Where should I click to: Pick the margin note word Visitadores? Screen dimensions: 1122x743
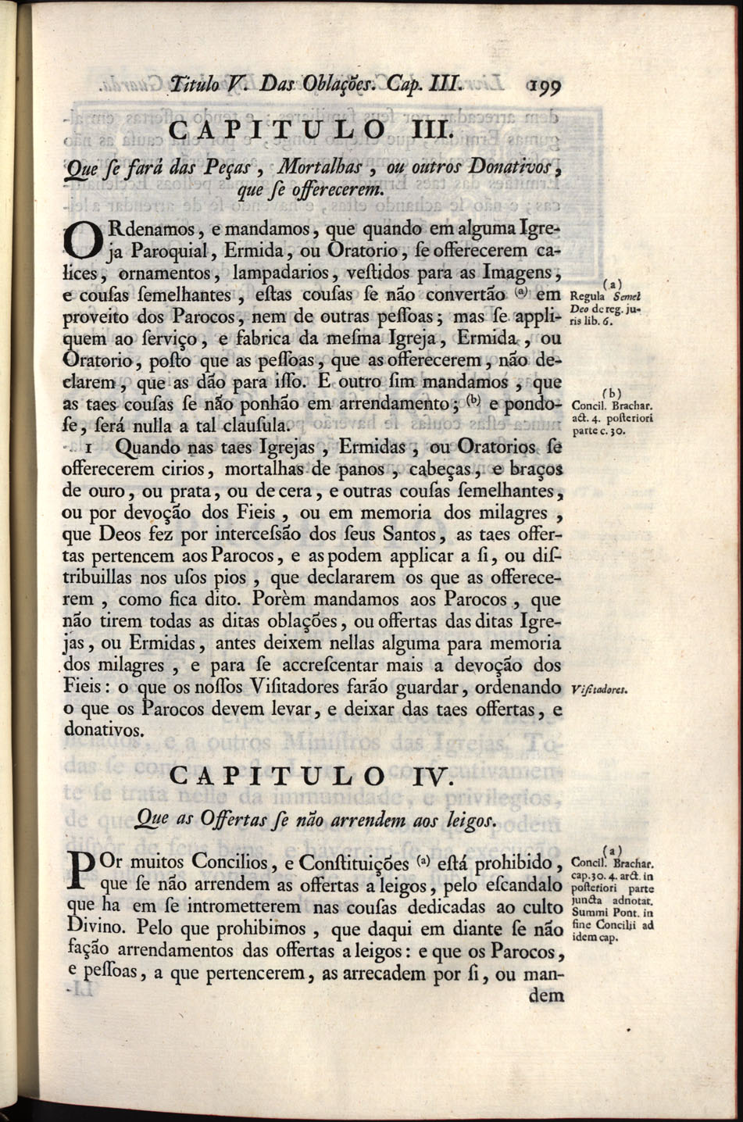(602, 690)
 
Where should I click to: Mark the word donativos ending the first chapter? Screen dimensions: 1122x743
(103, 731)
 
